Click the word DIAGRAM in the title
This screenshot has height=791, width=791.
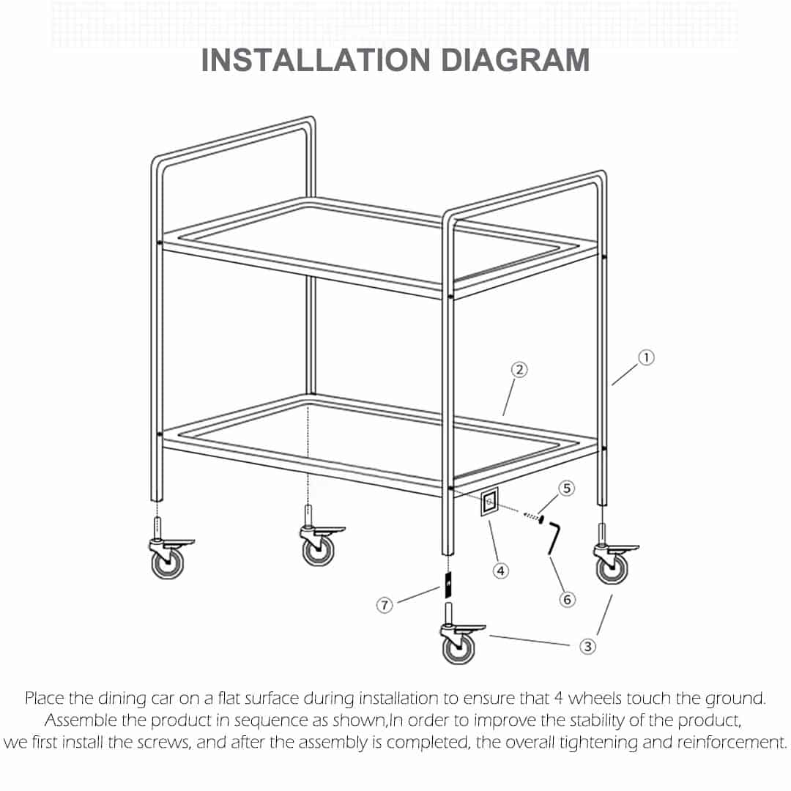tap(515, 60)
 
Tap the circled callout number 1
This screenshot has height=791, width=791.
tap(646, 357)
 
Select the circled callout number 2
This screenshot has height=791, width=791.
tap(519, 370)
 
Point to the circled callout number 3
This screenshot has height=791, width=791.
tap(587, 646)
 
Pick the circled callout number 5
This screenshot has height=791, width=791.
tap(566, 488)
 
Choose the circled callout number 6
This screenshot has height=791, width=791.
tap(566, 599)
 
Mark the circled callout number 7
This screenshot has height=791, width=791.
tap(385, 605)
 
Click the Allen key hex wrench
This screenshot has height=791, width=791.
tap(553, 538)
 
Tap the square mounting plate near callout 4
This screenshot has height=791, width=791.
tap(489, 503)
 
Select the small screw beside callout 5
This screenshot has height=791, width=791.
tap(533, 517)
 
